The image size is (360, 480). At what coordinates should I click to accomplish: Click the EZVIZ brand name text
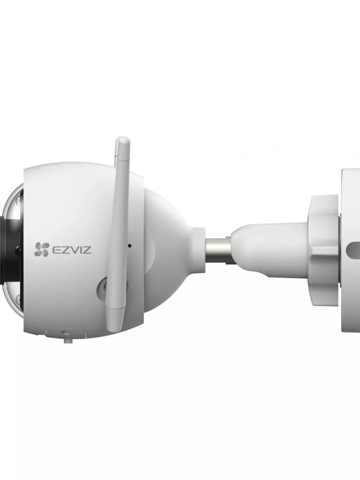[71, 250]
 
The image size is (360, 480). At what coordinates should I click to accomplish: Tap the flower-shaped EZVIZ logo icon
[41, 249]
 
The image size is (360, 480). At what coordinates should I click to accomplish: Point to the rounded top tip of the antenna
[123, 140]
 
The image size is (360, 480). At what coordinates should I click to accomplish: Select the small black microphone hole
[130, 246]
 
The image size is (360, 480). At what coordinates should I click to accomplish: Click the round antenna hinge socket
[112, 290]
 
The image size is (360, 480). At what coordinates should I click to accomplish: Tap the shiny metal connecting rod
[218, 250]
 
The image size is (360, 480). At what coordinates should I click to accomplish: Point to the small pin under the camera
[68, 341]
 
